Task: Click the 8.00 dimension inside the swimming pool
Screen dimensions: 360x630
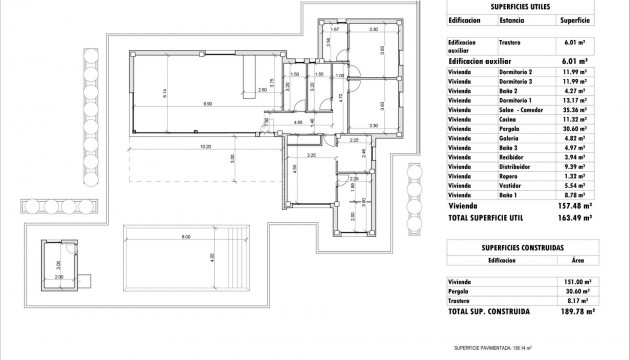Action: pyautogui.click(x=185, y=237)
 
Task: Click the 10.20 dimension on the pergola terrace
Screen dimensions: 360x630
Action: pyautogui.click(x=206, y=147)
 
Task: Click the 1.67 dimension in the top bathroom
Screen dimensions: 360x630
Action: pyautogui.click(x=335, y=31)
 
